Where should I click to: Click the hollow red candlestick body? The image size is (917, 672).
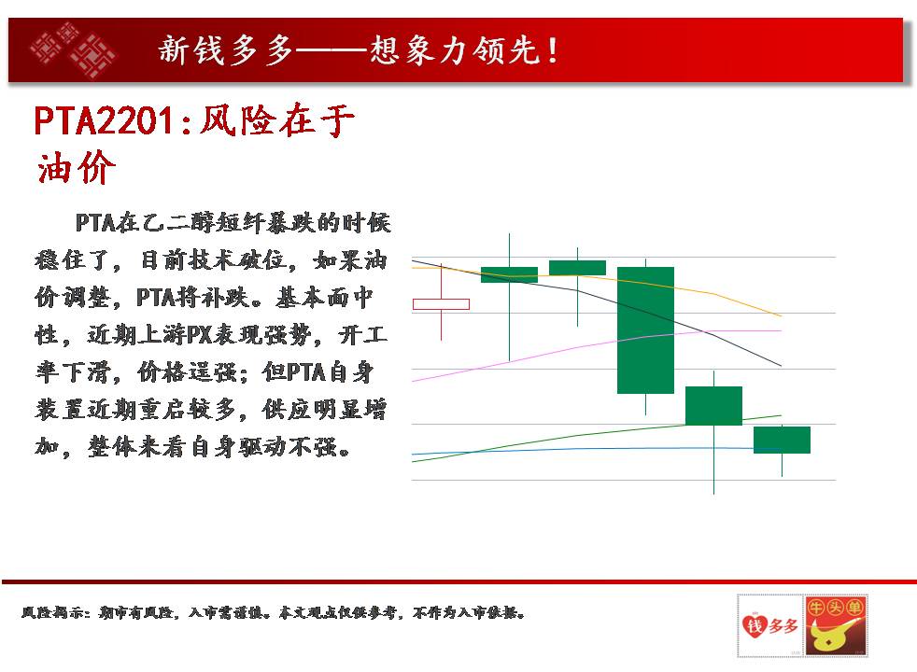(441, 304)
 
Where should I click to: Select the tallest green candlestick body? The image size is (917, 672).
(645, 330)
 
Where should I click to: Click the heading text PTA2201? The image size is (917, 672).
(104, 121)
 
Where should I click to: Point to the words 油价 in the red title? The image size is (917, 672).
(76, 168)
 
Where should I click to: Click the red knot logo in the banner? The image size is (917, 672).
(73, 50)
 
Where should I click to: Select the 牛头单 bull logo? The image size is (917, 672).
(836, 625)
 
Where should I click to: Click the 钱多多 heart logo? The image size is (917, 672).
(770, 625)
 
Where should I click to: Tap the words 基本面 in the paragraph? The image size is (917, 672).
(314, 298)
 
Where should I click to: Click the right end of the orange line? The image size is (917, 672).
(782, 316)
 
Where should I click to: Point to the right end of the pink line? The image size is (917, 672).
(782, 330)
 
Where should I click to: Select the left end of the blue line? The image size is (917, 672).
(413, 454)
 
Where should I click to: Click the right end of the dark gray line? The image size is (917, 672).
(782, 366)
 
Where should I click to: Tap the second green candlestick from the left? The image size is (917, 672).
(577, 268)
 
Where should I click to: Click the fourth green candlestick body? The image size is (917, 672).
(713, 406)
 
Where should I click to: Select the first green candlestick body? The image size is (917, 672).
(509, 274)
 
